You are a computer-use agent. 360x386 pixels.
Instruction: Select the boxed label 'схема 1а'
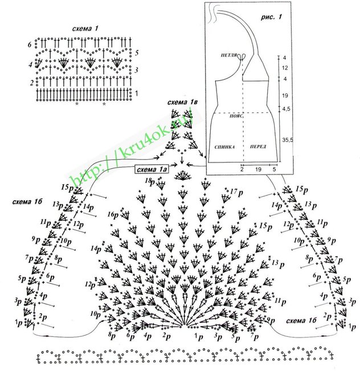[152, 169]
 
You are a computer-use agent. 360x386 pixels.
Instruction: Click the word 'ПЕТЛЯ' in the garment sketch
[230, 55]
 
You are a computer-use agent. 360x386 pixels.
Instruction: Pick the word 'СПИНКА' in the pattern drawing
[224, 147]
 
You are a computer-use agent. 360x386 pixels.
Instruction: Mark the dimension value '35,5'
[288, 138]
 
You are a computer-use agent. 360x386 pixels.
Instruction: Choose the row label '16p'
[113, 215]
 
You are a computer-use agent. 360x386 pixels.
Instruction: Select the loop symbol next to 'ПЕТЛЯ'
[242, 56]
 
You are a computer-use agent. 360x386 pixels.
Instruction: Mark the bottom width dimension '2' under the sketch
[242, 169]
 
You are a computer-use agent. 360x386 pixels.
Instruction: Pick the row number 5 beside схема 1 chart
[137, 52]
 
